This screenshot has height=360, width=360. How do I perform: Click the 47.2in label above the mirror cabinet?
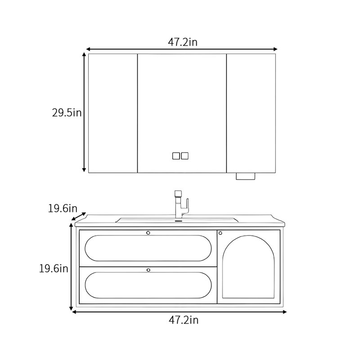click(183, 42)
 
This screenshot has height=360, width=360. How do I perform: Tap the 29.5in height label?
click(67, 113)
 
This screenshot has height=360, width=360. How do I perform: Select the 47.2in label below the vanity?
click(184, 320)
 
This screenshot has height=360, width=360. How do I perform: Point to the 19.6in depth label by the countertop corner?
click(63, 208)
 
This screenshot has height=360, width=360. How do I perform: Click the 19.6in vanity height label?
click(54, 268)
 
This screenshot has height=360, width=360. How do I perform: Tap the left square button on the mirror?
click(176, 156)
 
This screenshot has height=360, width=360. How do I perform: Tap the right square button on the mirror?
click(184, 156)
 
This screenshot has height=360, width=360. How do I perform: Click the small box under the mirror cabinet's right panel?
click(245, 176)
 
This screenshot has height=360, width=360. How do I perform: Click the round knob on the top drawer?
click(148, 233)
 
